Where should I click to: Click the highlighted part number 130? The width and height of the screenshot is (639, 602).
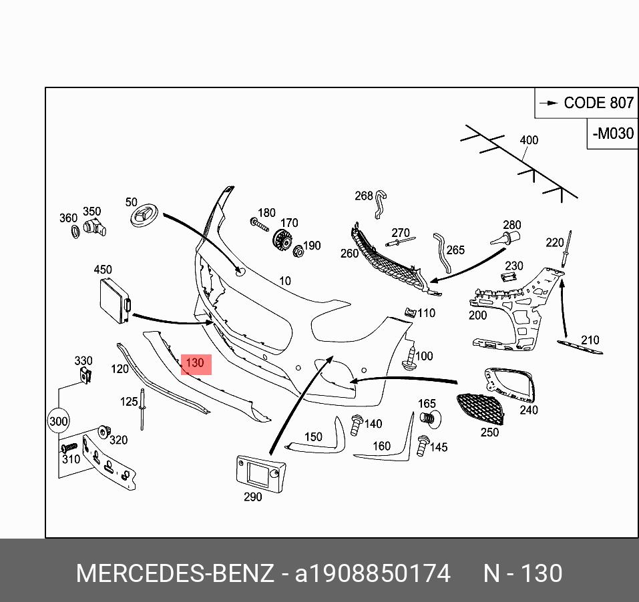point(195,364)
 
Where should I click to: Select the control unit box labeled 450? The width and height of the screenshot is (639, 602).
point(114,302)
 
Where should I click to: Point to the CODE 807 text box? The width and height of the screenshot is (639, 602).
point(586,103)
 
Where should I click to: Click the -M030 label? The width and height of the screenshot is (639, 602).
point(612,133)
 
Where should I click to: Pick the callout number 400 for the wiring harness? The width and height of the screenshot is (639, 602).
point(529,140)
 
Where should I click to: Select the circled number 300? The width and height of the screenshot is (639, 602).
point(59,421)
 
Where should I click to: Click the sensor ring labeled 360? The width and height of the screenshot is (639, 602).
point(76,232)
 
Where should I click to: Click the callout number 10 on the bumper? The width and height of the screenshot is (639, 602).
point(285,281)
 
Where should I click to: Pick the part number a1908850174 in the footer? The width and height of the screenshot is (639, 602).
point(373,573)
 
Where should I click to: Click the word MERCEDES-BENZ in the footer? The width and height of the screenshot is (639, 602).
point(175,573)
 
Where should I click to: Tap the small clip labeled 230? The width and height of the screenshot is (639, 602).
point(511,277)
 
